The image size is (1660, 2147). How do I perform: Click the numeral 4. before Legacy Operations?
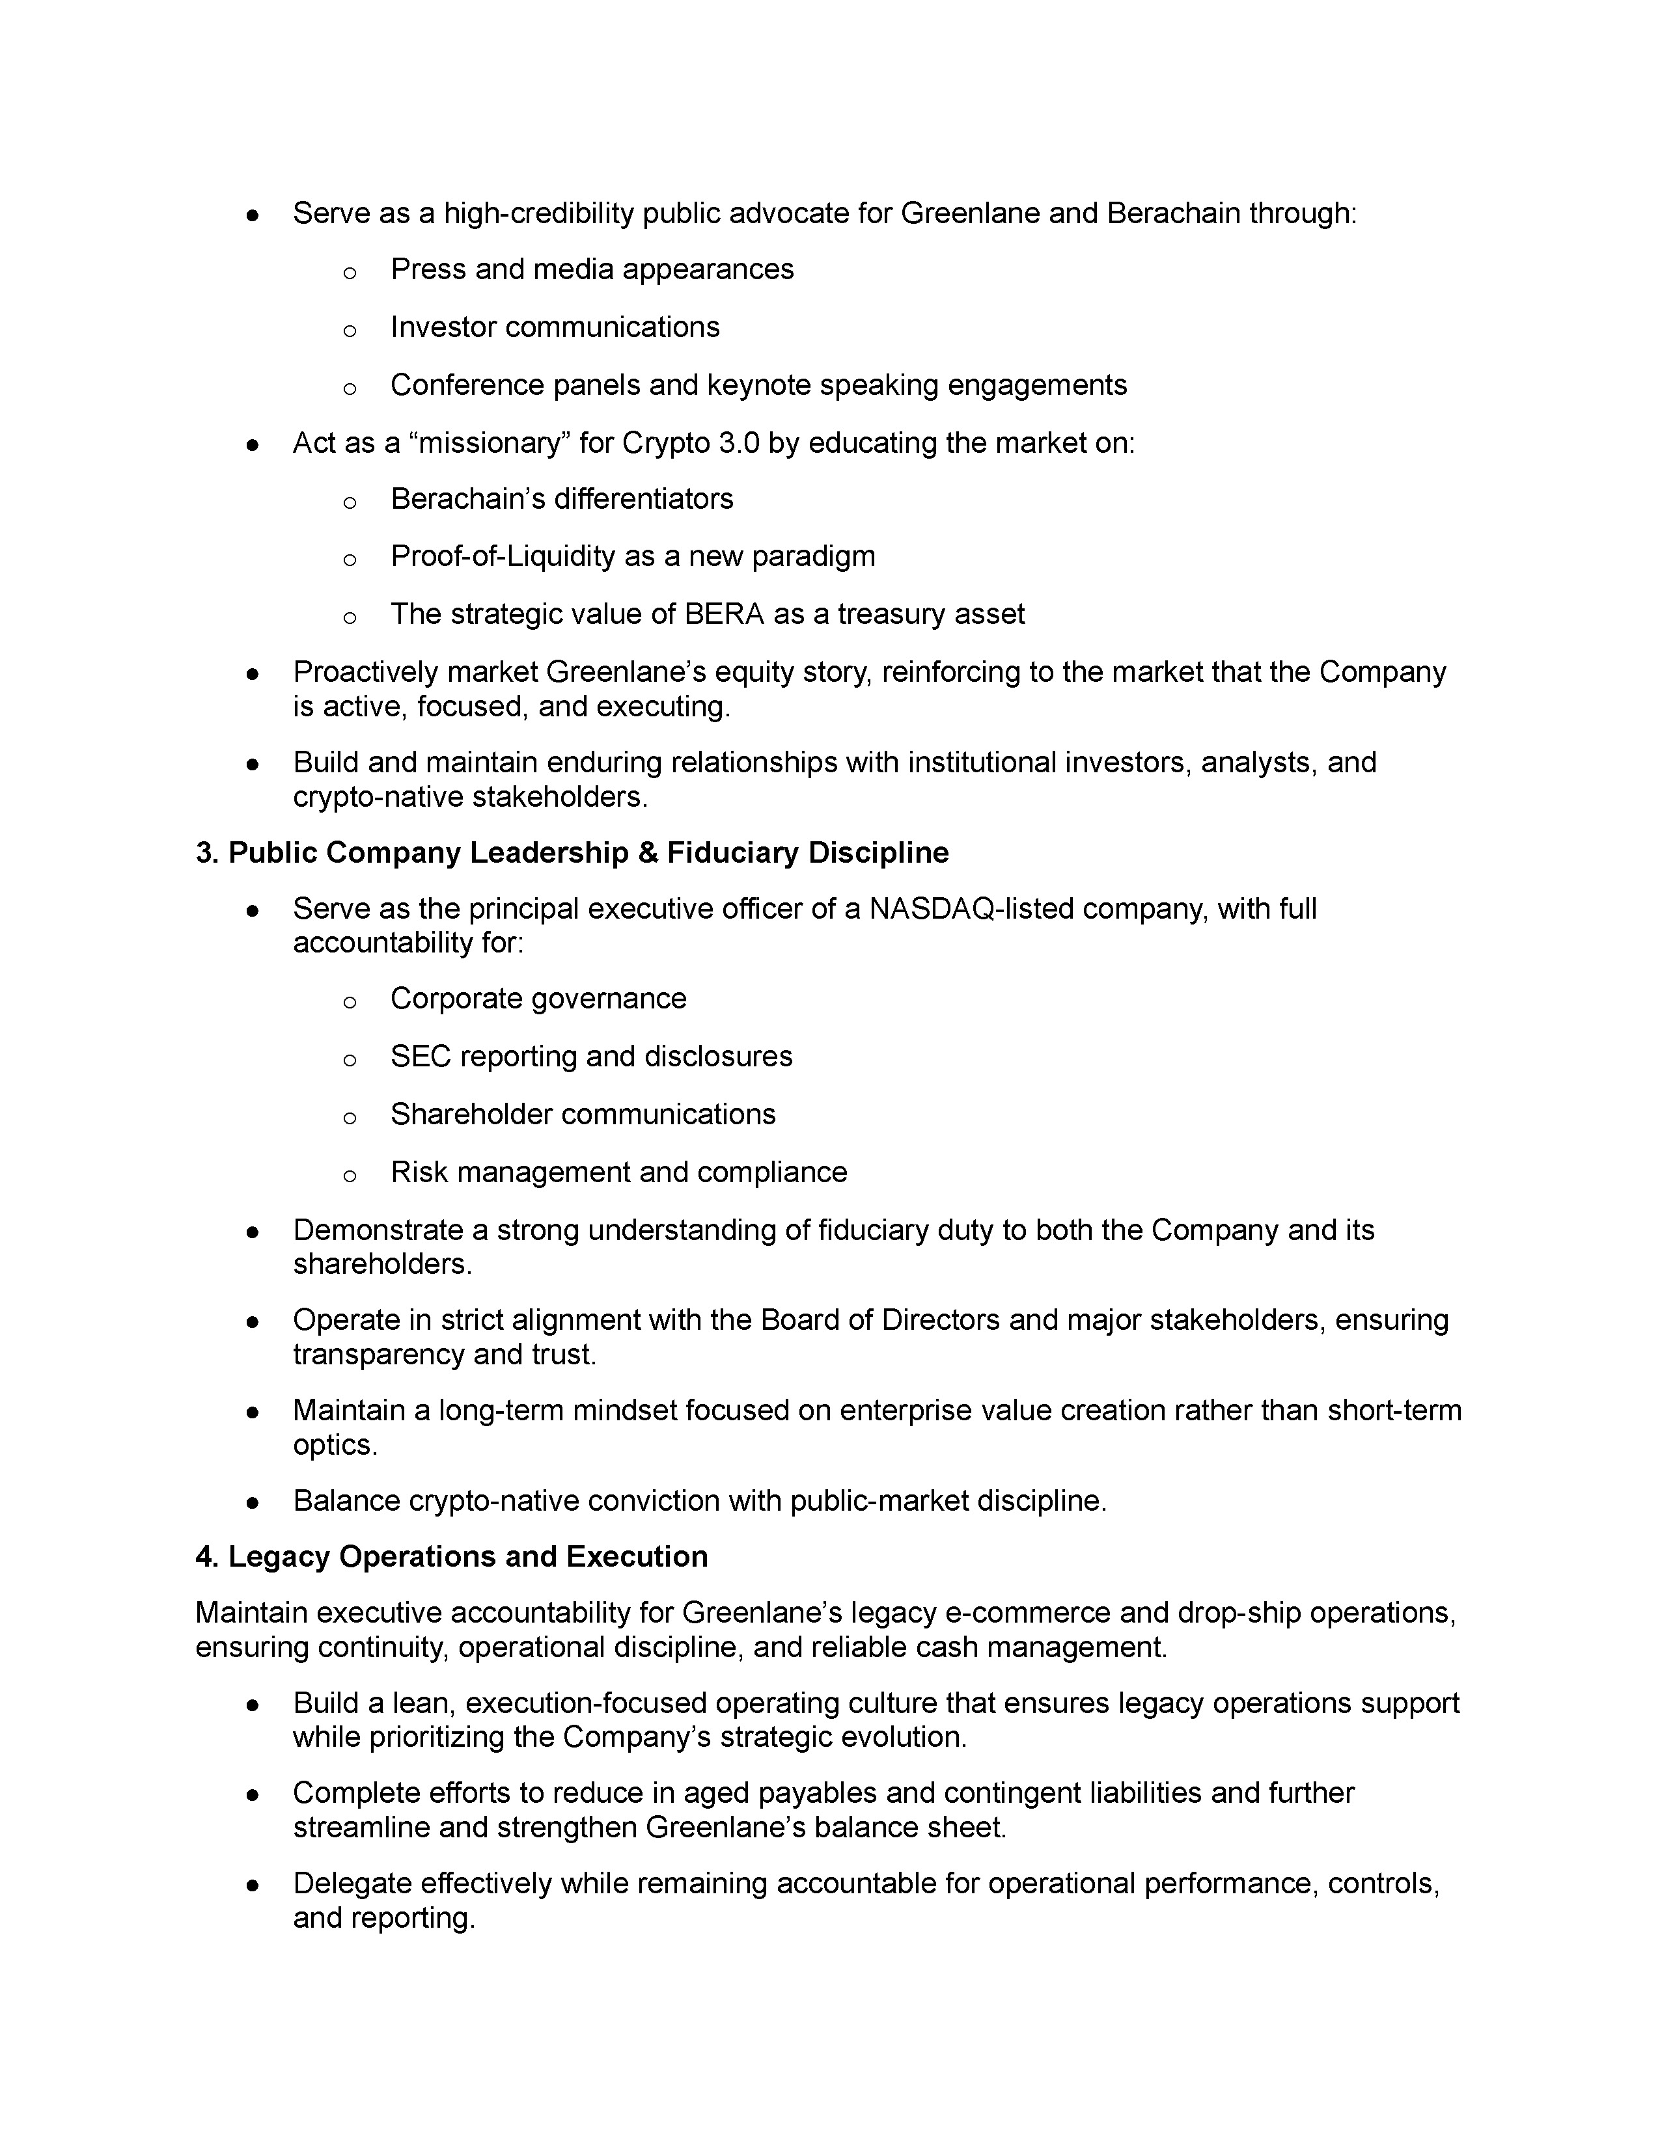tap(206, 1557)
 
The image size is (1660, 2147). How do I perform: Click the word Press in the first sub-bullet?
tap(428, 269)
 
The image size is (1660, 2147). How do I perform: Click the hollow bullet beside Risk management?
tap(349, 1175)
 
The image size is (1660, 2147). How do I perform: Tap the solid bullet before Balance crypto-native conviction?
tap(253, 1503)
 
